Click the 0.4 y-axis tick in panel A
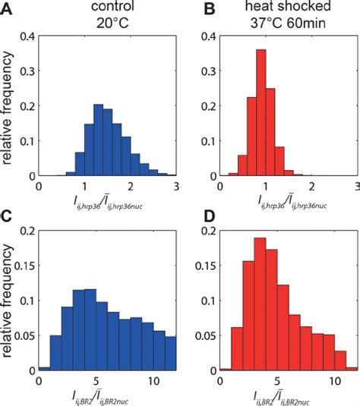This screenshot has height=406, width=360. [25, 36]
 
